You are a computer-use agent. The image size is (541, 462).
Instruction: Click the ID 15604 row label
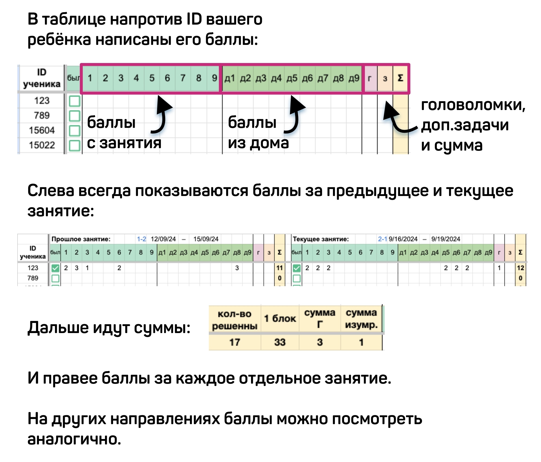[42, 130]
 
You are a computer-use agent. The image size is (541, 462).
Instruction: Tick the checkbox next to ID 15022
[74, 145]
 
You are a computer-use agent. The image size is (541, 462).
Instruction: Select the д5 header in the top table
[292, 78]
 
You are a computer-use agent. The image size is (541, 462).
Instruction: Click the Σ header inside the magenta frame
[400, 78]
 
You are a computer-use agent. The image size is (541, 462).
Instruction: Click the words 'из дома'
[258, 143]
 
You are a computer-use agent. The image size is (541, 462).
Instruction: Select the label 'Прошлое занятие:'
[81, 239]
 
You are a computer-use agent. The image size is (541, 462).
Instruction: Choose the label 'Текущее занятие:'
[321, 239]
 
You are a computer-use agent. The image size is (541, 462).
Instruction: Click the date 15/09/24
[206, 239]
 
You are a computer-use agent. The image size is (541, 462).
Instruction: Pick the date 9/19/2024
[446, 239]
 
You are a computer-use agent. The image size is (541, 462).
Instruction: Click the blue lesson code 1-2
[141, 239]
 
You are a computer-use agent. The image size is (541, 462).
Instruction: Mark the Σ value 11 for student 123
[279, 268]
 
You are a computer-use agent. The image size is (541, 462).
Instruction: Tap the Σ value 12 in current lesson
[520, 268]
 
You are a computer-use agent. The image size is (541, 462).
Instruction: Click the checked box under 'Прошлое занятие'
[55, 268]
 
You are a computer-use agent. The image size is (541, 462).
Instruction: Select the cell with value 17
[235, 342]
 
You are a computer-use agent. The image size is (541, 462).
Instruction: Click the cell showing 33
[280, 342]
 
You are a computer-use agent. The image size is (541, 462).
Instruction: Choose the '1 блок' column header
[280, 318]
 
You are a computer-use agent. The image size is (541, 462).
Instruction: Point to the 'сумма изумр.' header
[361, 318]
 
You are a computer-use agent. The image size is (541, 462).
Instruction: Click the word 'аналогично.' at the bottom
[74, 439]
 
